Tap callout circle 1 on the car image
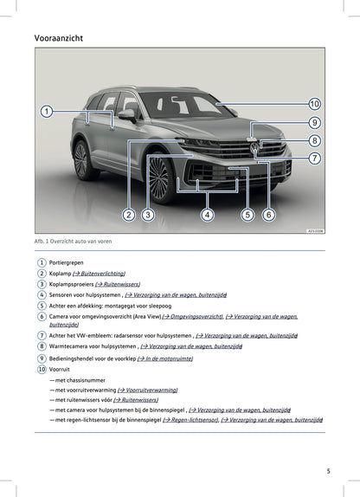[47, 111]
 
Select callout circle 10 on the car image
[314, 104]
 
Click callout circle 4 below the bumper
[208, 214]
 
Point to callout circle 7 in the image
[314, 158]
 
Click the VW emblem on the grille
[254, 148]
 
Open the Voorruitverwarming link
[148, 390]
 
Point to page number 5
[328, 471]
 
